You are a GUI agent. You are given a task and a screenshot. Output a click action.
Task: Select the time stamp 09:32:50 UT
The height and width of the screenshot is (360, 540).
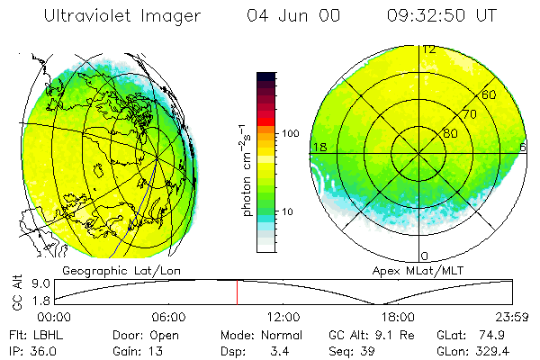click(x=441, y=16)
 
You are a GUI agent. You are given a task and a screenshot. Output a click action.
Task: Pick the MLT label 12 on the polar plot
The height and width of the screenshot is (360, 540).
click(x=430, y=49)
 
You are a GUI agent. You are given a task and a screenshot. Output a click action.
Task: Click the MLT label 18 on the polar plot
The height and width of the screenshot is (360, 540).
click(x=319, y=147)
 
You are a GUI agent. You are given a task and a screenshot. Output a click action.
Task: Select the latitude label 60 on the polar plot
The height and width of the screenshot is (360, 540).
click(x=490, y=95)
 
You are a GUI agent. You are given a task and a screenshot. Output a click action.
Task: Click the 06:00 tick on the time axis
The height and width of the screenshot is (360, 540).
click(x=168, y=317)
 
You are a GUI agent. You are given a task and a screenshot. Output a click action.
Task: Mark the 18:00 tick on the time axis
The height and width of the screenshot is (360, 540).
click(x=397, y=317)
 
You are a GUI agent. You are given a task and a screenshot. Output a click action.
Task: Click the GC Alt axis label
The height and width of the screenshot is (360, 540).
click(x=15, y=292)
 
